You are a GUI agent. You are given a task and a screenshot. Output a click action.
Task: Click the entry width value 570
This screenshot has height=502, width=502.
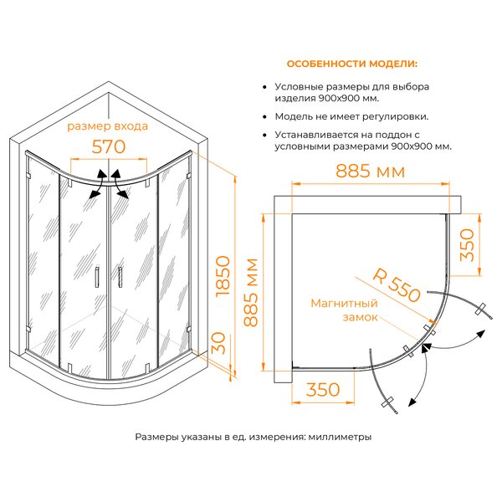(x=109, y=147)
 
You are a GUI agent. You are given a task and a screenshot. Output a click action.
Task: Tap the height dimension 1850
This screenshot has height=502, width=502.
(x=223, y=276)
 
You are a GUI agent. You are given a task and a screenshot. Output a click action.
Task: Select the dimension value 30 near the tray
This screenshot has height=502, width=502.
(x=218, y=343)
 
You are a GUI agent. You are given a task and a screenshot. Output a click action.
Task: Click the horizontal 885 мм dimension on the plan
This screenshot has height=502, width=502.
(x=370, y=172)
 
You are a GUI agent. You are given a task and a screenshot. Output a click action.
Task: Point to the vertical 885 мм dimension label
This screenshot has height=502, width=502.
(x=251, y=293)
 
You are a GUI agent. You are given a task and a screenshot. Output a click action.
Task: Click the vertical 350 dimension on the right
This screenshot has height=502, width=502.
(x=467, y=245)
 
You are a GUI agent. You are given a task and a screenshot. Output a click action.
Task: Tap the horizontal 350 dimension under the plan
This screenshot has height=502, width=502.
(x=323, y=390)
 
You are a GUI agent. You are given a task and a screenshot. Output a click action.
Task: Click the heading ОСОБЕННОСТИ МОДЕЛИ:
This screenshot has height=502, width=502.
(x=352, y=64)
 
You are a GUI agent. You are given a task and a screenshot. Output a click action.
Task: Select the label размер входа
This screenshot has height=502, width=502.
(x=108, y=126)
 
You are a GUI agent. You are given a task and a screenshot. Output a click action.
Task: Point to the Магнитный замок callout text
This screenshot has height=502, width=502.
(x=345, y=310)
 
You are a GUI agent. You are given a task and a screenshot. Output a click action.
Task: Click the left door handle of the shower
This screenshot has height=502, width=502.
(x=97, y=277)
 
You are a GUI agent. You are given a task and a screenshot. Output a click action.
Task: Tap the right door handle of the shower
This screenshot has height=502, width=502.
(x=120, y=277)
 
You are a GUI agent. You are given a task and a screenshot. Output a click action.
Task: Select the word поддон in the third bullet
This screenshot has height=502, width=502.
(x=393, y=135)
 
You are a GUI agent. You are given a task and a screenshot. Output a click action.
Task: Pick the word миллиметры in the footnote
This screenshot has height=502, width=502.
(x=340, y=437)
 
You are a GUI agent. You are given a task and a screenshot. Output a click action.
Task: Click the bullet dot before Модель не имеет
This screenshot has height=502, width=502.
(x=264, y=117)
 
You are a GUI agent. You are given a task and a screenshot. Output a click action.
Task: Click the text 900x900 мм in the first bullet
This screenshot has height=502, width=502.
(x=349, y=98)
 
